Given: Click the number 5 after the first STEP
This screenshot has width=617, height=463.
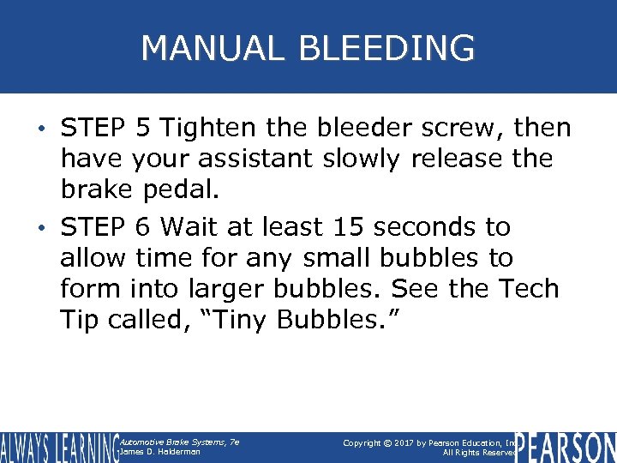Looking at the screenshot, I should coord(142,129).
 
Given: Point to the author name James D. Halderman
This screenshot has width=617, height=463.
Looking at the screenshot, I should coord(161,452).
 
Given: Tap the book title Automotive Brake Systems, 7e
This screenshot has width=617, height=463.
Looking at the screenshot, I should coord(180,442).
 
